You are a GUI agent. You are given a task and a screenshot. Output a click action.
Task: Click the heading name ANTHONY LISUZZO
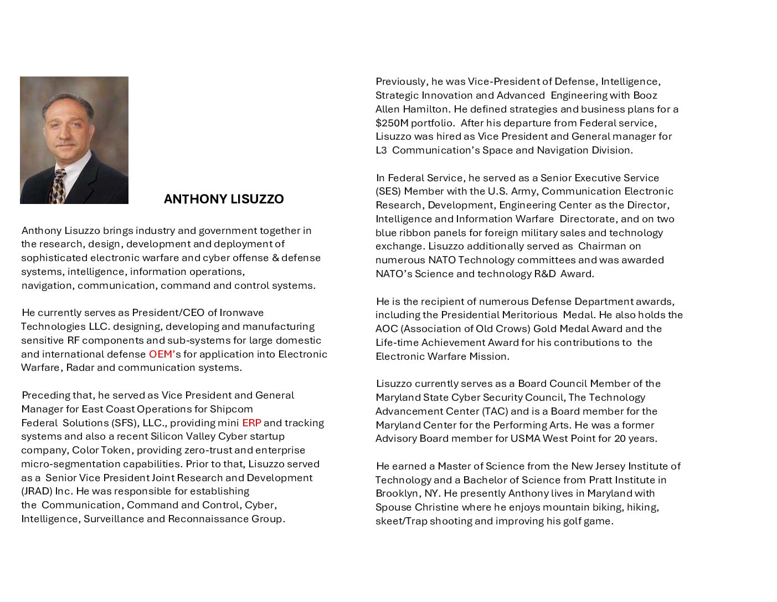[224, 199]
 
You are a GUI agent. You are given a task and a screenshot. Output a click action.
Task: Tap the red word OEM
[161, 354]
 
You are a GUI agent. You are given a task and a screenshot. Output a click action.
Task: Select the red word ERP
[251, 423]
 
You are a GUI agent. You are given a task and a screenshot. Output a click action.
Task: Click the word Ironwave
[241, 313]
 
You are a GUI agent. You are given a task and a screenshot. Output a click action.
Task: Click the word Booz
[645, 95]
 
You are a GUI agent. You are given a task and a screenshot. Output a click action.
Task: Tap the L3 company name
[381, 150]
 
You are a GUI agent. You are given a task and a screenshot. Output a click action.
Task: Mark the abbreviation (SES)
[388, 191]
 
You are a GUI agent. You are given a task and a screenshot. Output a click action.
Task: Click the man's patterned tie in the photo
[58, 187]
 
